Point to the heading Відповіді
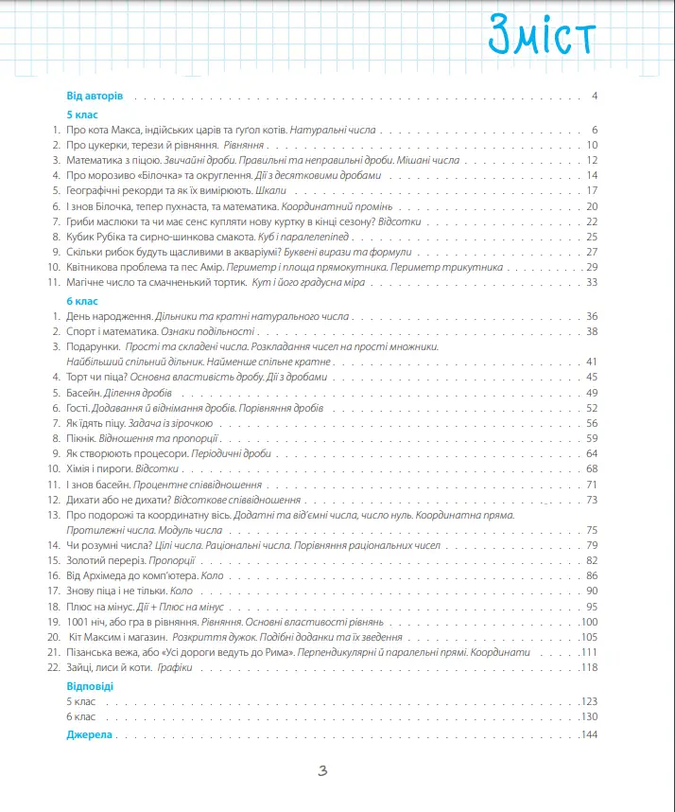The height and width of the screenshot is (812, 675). tap(90, 685)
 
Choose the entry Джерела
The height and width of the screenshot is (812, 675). tap(90, 735)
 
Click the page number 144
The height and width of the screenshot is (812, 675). tap(591, 735)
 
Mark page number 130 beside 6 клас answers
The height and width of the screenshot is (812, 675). tap(591, 717)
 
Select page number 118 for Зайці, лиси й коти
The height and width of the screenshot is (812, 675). tap(591, 668)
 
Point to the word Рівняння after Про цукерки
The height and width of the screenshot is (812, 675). tap(245, 145)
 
